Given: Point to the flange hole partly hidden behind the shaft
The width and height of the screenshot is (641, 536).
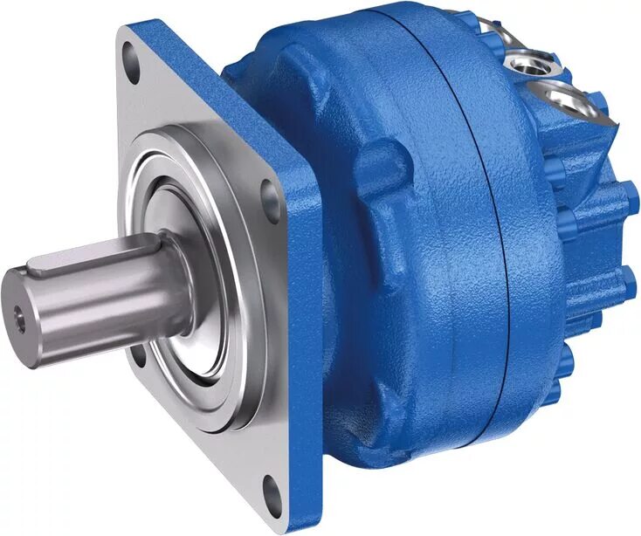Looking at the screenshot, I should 138,354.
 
